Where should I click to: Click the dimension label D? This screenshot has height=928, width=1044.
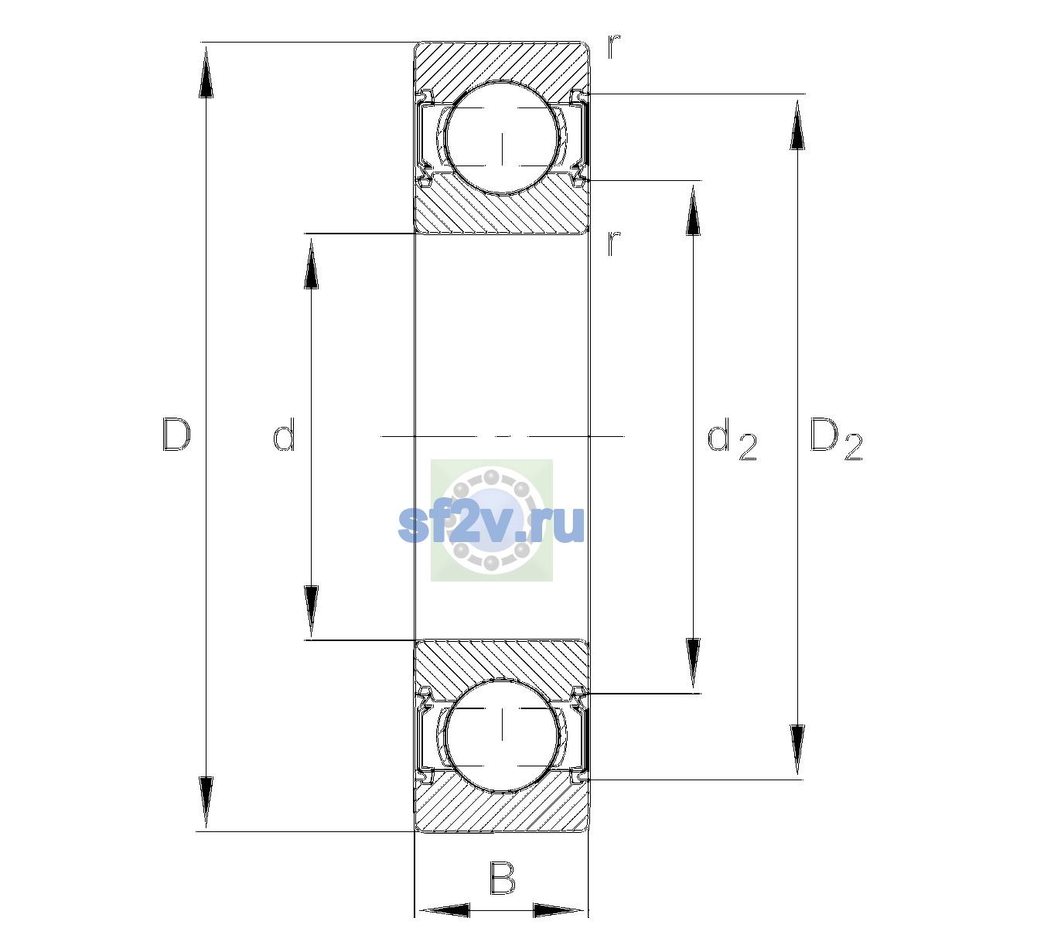(x=176, y=435)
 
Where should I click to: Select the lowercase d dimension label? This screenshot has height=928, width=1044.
(x=284, y=435)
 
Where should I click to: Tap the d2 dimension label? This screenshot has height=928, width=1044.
(x=732, y=438)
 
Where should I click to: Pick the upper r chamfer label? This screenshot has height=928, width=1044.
(x=614, y=47)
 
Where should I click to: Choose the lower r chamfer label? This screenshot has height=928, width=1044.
(x=614, y=244)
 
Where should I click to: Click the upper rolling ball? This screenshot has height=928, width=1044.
(x=502, y=138)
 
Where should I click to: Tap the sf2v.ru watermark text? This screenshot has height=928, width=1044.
(x=491, y=524)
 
